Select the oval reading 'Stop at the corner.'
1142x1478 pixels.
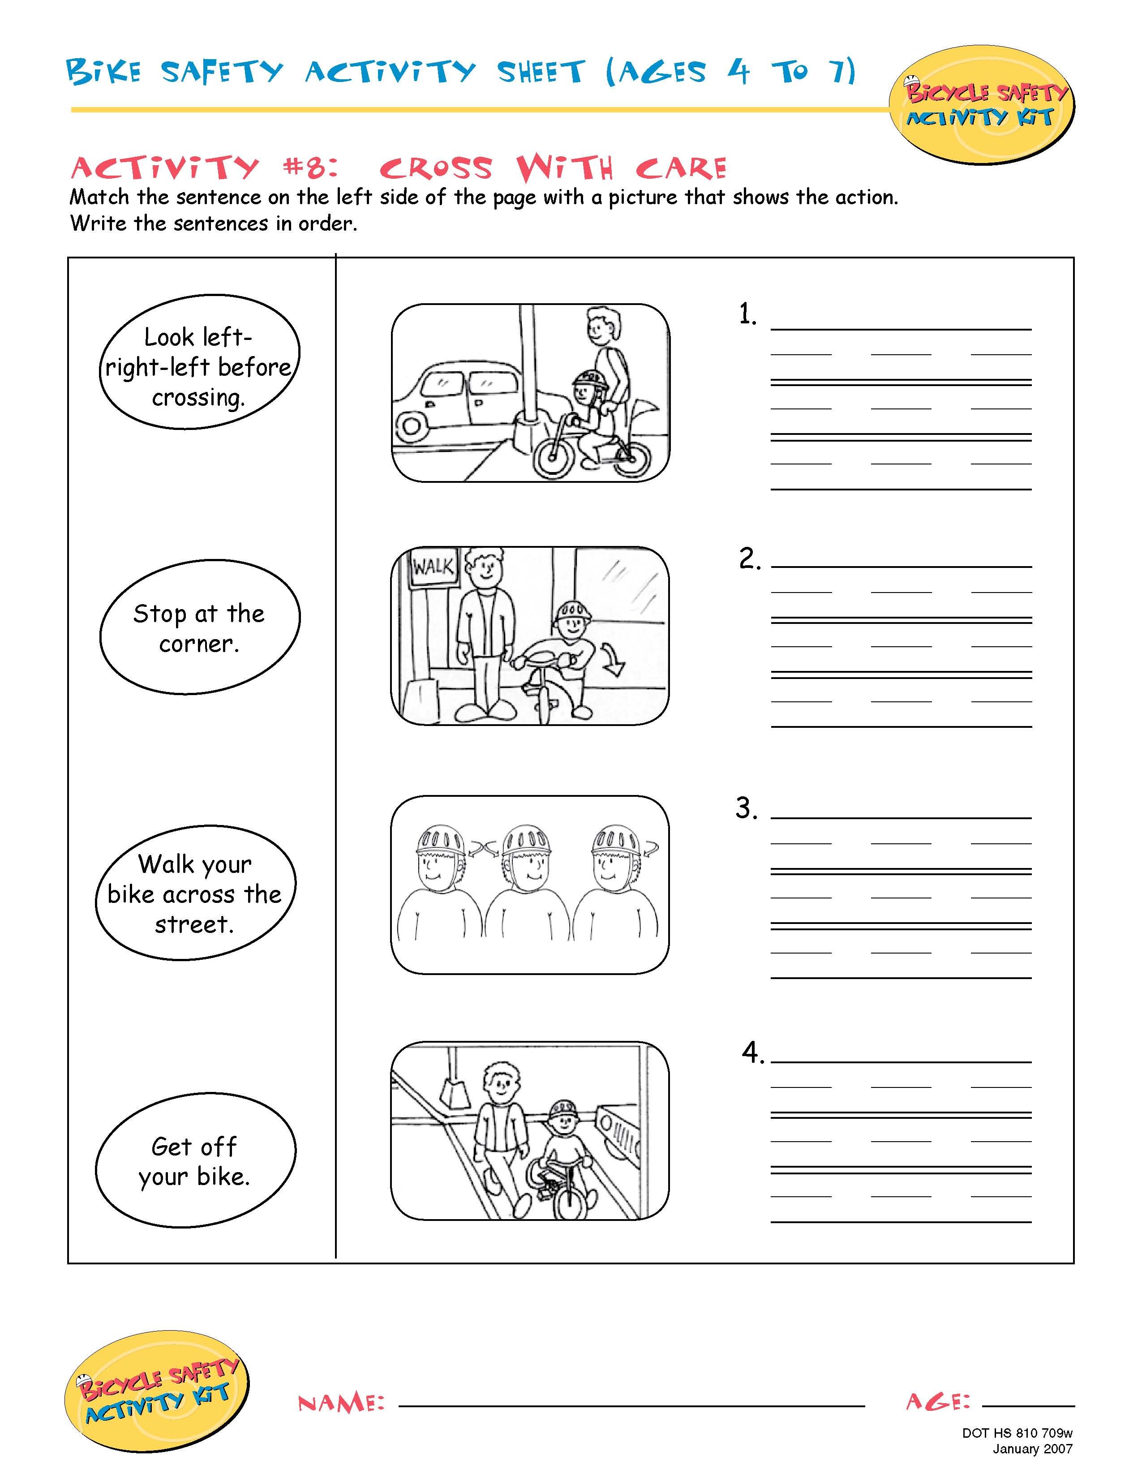point(200,627)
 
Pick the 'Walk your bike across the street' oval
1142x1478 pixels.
point(196,894)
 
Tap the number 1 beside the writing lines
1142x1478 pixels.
point(747,315)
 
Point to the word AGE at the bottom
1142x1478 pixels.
point(938,1401)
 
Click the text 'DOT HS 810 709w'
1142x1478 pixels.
point(1017,1433)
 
